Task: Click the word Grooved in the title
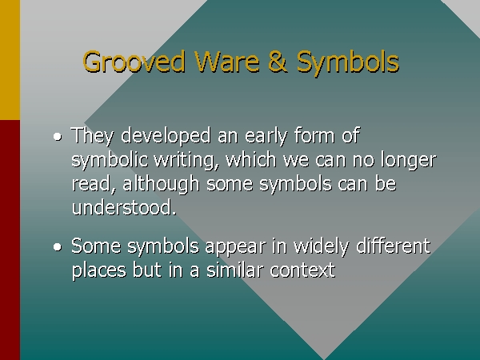(134, 62)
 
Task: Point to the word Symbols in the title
(348, 63)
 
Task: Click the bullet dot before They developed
(58, 137)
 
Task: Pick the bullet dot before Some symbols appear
(58, 246)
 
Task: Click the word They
(93, 136)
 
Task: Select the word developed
(166, 136)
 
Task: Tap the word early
(266, 136)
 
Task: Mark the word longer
(408, 160)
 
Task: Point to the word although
(161, 184)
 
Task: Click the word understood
(124, 207)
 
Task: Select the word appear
(235, 246)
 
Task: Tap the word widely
(321, 246)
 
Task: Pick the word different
(394, 246)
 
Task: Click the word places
(98, 270)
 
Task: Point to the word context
(302, 270)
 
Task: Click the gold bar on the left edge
(10, 60)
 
